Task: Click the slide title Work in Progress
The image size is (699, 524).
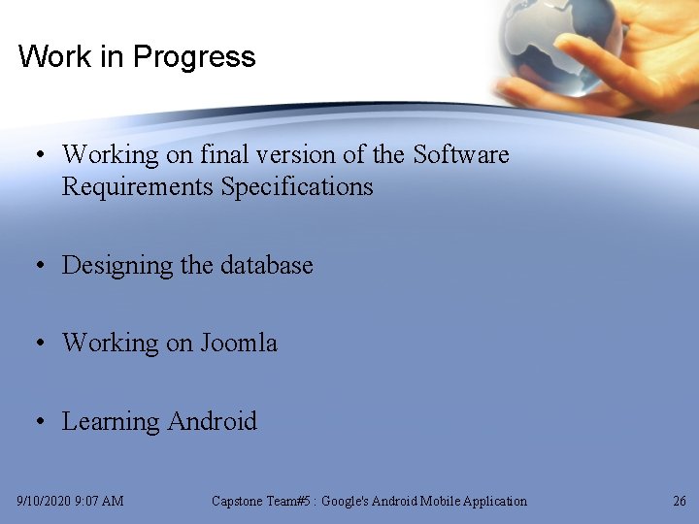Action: [x=136, y=56]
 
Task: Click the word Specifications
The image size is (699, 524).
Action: [x=297, y=186]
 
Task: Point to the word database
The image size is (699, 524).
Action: [x=267, y=265]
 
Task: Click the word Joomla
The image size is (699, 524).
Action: [x=239, y=343]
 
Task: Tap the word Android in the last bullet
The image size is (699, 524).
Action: [x=212, y=421]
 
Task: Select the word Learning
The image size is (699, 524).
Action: [x=111, y=421]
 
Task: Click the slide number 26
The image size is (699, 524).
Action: [x=679, y=502]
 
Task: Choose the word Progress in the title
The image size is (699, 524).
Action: [x=194, y=56]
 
